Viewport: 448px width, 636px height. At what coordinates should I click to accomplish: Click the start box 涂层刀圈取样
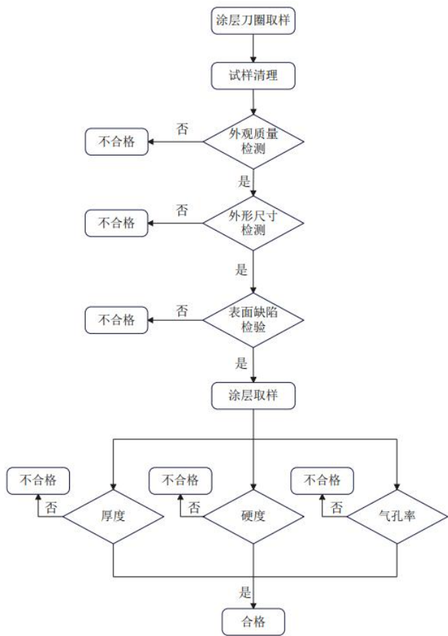pos(253,20)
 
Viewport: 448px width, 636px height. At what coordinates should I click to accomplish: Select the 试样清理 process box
pos(253,73)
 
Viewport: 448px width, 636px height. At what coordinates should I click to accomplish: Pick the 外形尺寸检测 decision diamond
pos(253,223)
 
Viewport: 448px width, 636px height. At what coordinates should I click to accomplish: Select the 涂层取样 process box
pos(253,397)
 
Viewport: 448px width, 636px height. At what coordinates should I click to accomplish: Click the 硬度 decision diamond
pos(253,517)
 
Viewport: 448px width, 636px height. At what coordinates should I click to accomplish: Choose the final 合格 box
pos(253,621)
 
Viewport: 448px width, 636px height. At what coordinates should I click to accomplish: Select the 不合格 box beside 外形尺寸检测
pos(116,223)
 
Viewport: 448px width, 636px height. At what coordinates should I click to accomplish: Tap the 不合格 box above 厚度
pos(37,480)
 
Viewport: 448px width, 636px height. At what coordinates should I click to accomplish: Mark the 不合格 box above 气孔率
pos(321,480)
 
